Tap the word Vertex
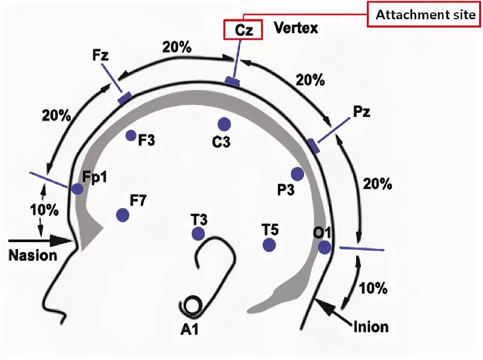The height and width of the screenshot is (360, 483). coord(295,28)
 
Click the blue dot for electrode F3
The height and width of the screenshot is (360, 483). coord(131,135)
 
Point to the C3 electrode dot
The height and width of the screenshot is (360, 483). coord(224,124)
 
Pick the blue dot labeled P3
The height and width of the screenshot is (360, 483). coord(297,174)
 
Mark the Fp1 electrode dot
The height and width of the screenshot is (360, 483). coord(77,188)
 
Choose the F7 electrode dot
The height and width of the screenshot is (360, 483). coord(122,215)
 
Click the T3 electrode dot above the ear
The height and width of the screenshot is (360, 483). coord(198,234)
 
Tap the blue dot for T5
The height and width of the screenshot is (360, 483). coord(269,244)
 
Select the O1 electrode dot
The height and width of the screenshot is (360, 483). coord(324,247)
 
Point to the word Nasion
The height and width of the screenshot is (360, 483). coord(32,256)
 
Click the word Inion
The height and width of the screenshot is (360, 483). coord(370,326)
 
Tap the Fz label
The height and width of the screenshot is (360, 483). coord(100,54)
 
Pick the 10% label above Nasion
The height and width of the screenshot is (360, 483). coord(44,210)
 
